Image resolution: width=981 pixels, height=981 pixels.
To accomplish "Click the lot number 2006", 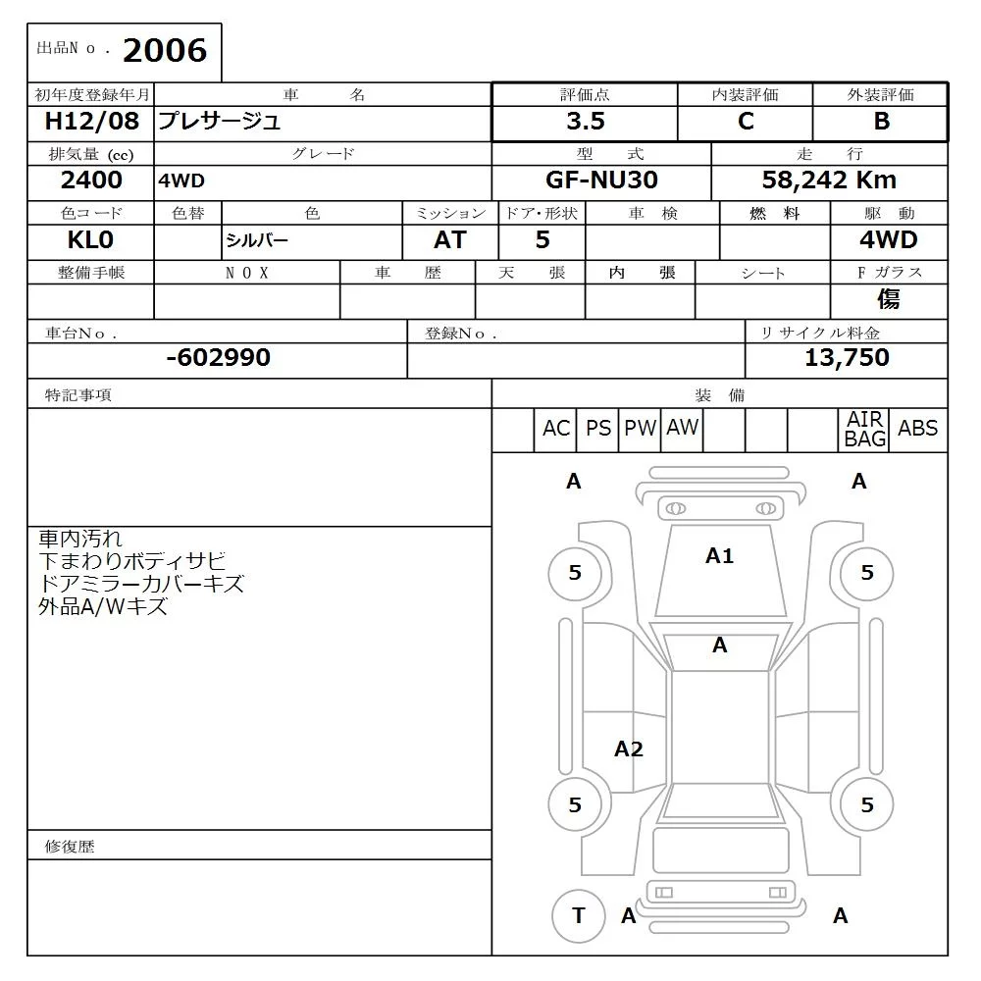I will click(165, 50).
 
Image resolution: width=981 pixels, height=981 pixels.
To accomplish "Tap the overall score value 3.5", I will click(585, 122).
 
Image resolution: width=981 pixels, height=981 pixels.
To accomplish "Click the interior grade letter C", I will click(746, 122).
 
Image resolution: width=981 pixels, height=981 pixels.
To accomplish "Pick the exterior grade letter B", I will click(881, 122).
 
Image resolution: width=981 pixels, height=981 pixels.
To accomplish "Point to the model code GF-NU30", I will click(601, 181).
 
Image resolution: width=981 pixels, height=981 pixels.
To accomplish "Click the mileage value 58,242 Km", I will click(829, 181).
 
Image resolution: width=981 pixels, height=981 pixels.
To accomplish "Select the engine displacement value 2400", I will click(91, 181).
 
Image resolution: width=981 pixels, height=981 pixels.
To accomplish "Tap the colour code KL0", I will click(91, 240).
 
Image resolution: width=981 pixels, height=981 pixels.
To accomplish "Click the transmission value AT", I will click(449, 240).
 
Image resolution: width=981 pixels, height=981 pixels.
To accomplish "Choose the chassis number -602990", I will click(218, 358).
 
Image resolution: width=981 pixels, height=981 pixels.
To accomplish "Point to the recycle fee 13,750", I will click(847, 358).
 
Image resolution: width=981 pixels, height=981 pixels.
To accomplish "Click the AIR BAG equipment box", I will click(865, 430).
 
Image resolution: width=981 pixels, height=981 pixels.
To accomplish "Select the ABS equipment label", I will click(917, 429).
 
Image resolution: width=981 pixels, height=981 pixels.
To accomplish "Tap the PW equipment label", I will click(640, 429).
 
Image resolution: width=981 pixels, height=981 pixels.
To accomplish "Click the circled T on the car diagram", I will click(578, 915).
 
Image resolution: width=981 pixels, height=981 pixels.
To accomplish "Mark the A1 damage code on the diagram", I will click(719, 556).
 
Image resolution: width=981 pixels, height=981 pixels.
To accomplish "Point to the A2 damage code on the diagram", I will click(628, 749).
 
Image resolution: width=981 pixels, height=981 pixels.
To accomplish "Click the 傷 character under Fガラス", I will click(888, 299).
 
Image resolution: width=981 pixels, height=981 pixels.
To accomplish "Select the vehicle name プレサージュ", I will click(220, 122).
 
